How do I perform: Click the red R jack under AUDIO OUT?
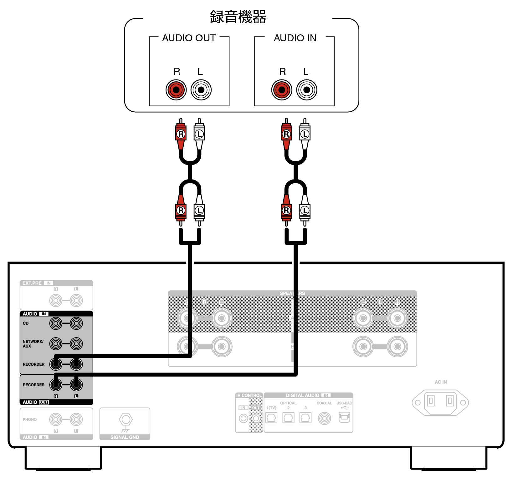[x=176, y=90]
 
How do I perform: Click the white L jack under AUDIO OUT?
[x=201, y=90]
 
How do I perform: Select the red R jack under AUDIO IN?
[x=282, y=90]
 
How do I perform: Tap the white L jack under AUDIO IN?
[x=307, y=90]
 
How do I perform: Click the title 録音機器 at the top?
[x=238, y=17]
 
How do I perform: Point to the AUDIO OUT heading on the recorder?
[x=189, y=38]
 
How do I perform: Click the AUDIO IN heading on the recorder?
[x=295, y=38]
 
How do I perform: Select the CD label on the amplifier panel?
[x=26, y=323]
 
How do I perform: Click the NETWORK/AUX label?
[x=33, y=343]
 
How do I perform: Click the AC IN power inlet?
[x=440, y=402]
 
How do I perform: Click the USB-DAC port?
[x=344, y=417]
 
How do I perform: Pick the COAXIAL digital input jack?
[x=324, y=418]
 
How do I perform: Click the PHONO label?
[x=30, y=420]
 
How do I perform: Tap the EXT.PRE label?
[x=32, y=283]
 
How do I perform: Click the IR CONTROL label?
[x=249, y=395]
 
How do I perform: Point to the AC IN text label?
[x=441, y=382]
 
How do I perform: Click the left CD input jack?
[x=56, y=323]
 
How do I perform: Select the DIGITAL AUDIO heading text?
[x=302, y=395]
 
